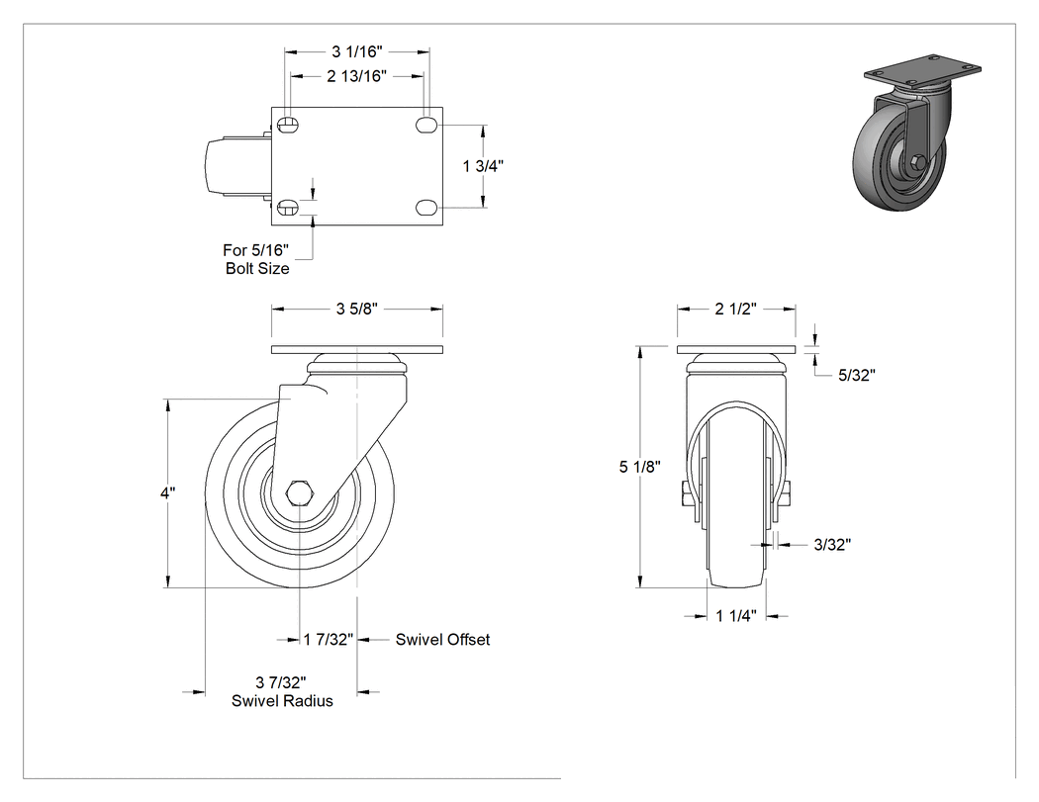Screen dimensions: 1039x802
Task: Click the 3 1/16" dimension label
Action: point(356,51)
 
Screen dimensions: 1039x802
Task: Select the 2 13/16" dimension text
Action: point(356,76)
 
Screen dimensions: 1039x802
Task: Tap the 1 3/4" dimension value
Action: point(483,165)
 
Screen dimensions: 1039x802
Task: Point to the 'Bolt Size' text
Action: point(257,268)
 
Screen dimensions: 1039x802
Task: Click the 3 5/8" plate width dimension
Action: point(356,309)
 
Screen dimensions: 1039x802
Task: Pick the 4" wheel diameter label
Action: point(167,492)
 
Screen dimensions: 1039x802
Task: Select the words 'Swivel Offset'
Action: point(442,639)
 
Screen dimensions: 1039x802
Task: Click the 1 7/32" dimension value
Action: point(328,639)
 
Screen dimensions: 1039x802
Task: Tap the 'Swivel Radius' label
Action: point(282,701)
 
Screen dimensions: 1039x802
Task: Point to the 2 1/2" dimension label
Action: point(735,309)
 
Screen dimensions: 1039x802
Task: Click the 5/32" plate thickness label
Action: point(857,375)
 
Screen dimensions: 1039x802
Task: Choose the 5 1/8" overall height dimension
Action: point(640,467)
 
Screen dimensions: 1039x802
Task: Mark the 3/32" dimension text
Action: point(832,544)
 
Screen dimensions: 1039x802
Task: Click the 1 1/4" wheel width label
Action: point(735,616)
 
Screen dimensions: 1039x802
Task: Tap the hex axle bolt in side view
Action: point(299,494)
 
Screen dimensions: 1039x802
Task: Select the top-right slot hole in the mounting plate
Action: point(426,125)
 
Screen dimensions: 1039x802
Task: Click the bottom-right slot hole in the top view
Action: point(426,208)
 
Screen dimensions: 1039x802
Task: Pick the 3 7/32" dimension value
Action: point(281,682)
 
